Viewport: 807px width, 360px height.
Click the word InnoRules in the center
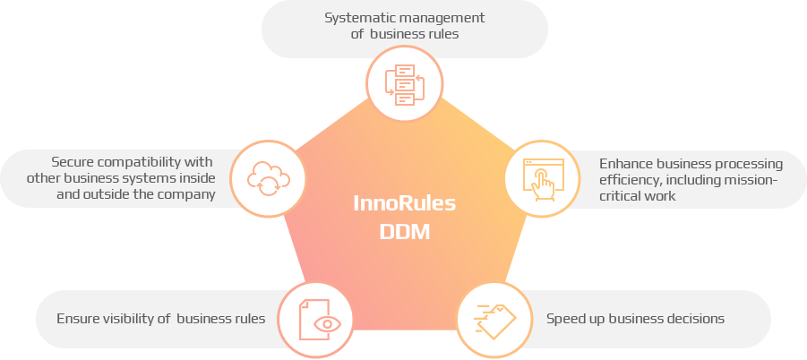[x=404, y=203]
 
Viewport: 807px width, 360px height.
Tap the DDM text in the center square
[x=404, y=231]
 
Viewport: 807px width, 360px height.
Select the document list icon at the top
[x=406, y=83]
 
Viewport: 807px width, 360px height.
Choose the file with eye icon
[x=315, y=320]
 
